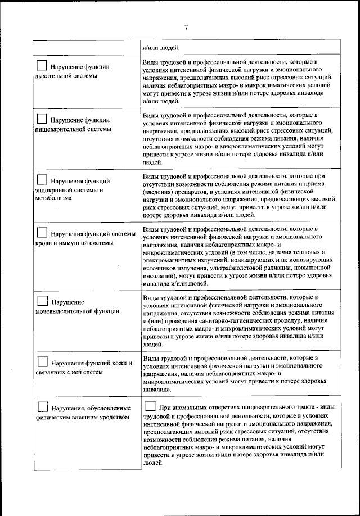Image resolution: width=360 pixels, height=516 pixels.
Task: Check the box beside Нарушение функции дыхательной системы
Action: (x=42, y=65)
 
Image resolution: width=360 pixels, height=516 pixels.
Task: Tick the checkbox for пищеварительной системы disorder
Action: (x=42, y=119)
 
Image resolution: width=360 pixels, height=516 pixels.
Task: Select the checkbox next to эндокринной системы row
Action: (x=42, y=180)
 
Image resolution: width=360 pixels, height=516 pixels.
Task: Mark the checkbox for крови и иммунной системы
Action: (x=42, y=233)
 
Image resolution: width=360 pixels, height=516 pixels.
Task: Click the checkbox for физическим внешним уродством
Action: (x=42, y=406)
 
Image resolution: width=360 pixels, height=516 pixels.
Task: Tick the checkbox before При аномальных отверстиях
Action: (x=150, y=406)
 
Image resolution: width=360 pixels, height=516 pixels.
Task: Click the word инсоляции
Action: (x=159, y=277)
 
